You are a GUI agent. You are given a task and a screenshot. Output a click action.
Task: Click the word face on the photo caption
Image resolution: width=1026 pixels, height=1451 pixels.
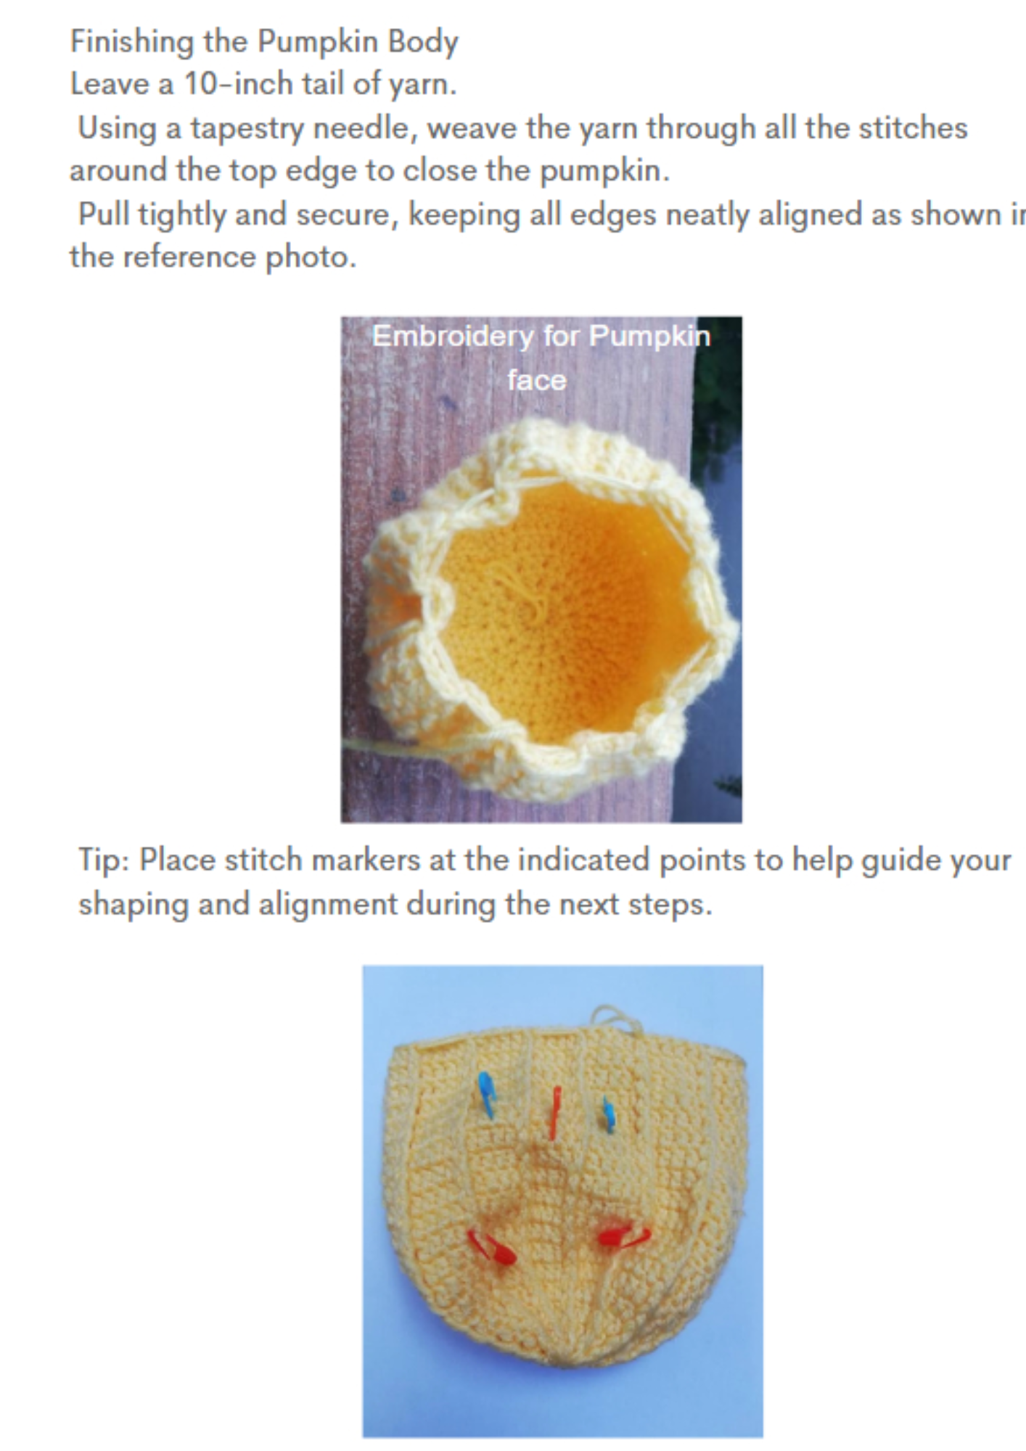(536, 380)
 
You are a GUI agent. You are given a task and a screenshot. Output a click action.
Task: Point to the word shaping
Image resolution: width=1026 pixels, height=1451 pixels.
(134, 905)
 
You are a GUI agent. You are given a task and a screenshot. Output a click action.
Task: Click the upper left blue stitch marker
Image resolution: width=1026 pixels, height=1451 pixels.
(487, 1095)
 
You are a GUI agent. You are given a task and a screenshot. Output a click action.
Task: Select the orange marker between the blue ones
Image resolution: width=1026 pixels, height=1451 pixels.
(555, 1113)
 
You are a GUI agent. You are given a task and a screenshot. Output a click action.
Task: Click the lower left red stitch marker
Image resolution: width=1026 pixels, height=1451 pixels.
(491, 1246)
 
